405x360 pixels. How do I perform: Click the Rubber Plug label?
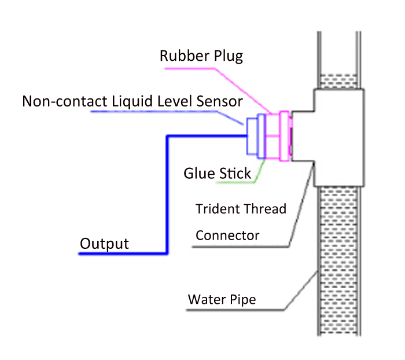pos(201,57)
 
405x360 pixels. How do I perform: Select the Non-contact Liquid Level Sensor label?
pos(132,101)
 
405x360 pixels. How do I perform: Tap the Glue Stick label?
pos(218,173)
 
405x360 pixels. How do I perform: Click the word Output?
pos(104,243)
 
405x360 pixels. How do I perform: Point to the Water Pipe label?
pos(222,300)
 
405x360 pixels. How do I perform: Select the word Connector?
pos(227,236)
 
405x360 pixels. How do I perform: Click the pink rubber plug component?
pos(283,135)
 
